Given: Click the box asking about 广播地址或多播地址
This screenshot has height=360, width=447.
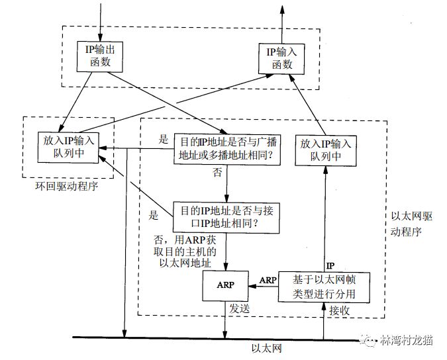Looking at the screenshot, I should pos(226,150).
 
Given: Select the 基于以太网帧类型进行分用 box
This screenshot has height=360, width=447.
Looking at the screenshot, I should pos(324,286).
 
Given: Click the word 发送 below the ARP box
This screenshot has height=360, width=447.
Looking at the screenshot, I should pos(239,309).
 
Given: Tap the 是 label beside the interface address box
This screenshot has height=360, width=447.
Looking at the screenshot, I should pos(155,215).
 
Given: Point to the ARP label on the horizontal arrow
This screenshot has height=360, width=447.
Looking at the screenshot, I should pos(268,280).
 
